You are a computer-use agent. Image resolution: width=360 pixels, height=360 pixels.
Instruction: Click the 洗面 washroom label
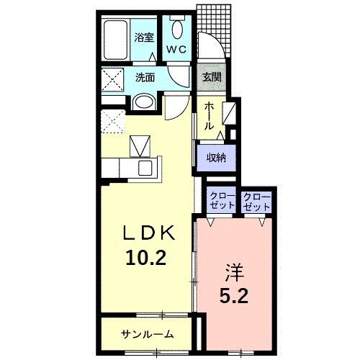click(x=145, y=78)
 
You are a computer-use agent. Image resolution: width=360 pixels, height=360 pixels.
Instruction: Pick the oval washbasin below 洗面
click(x=143, y=102)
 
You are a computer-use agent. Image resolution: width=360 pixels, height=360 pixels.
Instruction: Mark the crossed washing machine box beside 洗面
click(x=113, y=78)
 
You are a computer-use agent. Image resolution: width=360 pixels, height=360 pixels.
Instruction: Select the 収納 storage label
click(x=217, y=157)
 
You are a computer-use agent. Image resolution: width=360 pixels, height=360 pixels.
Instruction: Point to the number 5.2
click(x=234, y=295)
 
